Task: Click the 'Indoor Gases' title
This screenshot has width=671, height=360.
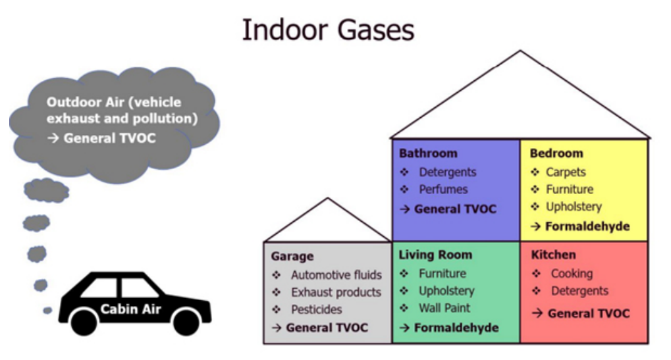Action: pos(328,30)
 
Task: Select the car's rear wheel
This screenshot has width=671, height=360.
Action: pos(84,322)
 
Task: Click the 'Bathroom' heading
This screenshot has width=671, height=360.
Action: pos(428,153)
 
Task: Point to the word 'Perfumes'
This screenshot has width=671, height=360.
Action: pos(443,190)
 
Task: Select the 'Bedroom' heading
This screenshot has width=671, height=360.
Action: pos(556,153)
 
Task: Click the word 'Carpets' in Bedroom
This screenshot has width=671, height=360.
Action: pos(566,172)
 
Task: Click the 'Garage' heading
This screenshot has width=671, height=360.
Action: pos(292,257)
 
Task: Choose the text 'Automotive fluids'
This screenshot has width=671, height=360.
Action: pos(336,275)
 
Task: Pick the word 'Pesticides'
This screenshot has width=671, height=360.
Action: pos(317,309)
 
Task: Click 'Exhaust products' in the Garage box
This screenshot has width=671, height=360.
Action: pos(336,292)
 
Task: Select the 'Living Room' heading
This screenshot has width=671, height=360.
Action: pos(435,255)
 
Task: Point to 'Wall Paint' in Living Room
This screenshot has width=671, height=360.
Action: pos(444,308)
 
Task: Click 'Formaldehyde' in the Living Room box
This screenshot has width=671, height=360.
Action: pos(456,328)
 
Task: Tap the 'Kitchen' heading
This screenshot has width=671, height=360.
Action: pos(553,255)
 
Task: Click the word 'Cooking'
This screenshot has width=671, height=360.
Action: pos(572,274)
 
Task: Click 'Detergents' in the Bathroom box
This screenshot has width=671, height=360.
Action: pos(448,172)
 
